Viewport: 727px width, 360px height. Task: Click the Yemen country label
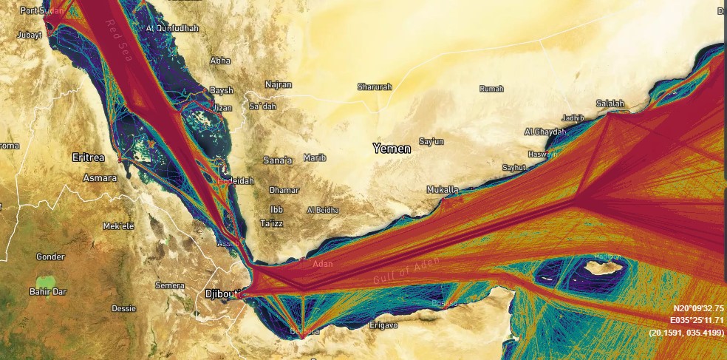click(x=392, y=149)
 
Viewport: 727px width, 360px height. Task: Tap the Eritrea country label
click(x=88, y=157)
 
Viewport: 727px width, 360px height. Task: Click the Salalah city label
click(x=610, y=103)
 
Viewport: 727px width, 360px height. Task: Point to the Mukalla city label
click(x=443, y=190)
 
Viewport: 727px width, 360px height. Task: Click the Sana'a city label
click(x=278, y=160)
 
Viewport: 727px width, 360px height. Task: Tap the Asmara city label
click(x=100, y=178)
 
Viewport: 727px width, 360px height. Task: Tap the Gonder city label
click(x=51, y=257)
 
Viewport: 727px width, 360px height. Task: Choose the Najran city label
click(x=278, y=84)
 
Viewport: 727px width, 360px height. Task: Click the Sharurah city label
click(x=375, y=87)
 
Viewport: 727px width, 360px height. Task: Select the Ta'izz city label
click(x=272, y=223)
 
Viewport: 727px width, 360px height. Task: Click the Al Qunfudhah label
click(x=173, y=28)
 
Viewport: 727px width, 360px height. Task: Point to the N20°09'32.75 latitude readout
click(x=697, y=308)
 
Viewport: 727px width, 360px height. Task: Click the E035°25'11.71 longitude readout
click(x=697, y=320)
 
